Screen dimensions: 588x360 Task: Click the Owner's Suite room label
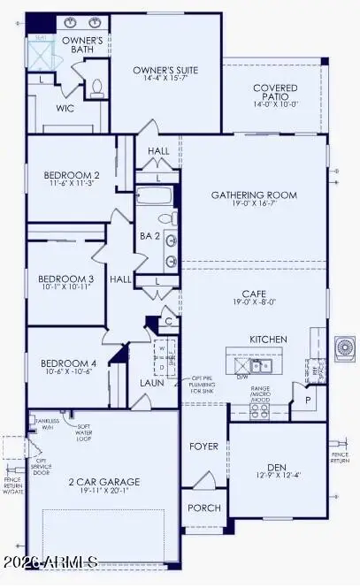[x=165, y=70]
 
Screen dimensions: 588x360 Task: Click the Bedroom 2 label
[x=73, y=175]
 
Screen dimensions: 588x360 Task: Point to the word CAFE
[x=255, y=296]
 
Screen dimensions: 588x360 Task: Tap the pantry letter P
[x=307, y=400]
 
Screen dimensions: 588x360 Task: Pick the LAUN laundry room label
[x=151, y=383]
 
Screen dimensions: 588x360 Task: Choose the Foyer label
[x=204, y=446]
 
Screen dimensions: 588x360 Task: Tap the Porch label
[x=203, y=508]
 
